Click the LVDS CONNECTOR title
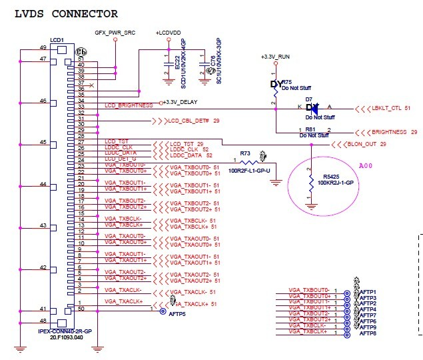66,13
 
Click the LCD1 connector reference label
57,41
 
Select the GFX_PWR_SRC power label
115,31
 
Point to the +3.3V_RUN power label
276,58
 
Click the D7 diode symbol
310,107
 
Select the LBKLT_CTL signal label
390,107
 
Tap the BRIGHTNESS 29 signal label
394,132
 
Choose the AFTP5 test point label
177,313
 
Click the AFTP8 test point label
368,333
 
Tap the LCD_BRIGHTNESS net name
126,106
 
